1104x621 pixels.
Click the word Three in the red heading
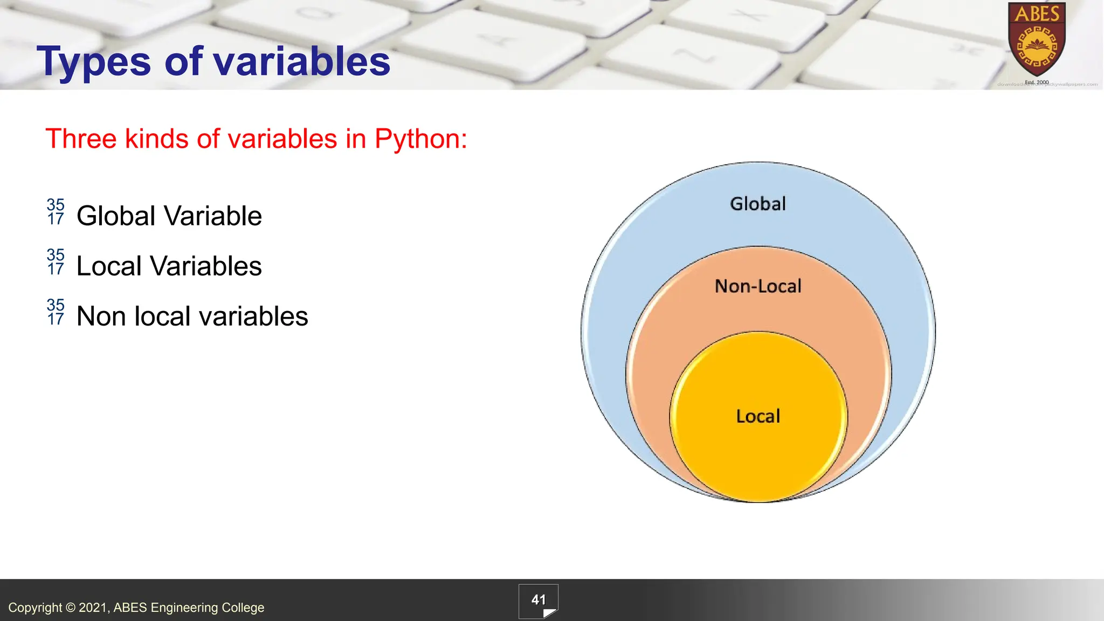(x=81, y=139)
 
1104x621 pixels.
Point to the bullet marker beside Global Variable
(x=56, y=212)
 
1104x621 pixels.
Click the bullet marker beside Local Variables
(x=56, y=262)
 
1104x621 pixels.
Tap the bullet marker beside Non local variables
(x=56, y=312)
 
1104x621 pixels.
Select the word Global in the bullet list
(x=116, y=216)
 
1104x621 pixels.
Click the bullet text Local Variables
(x=169, y=266)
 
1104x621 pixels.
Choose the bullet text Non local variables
(x=192, y=316)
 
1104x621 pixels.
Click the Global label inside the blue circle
(x=758, y=204)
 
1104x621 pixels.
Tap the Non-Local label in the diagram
(x=758, y=286)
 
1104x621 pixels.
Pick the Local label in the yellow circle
(x=758, y=416)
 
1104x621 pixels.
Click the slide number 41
(x=539, y=600)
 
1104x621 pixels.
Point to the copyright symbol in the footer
(x=70, y=608)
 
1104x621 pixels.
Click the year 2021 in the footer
(x=93, y=608)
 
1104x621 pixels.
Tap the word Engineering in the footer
(x=184, y=608)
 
